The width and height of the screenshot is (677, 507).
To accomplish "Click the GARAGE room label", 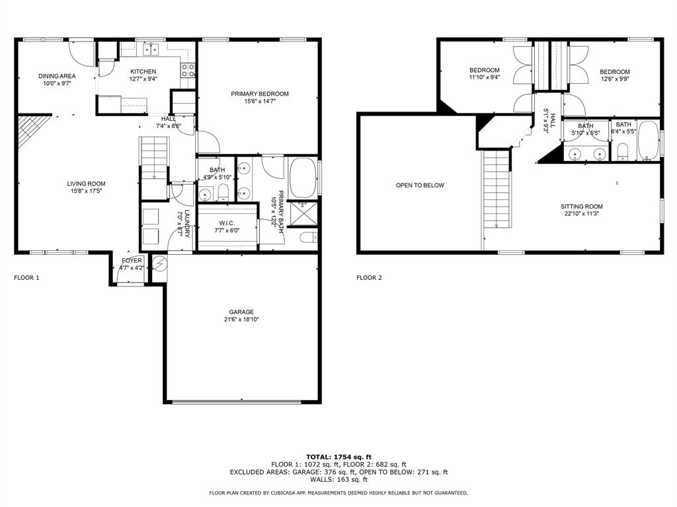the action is point(241,312).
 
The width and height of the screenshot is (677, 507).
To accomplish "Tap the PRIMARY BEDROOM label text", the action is point(259,94).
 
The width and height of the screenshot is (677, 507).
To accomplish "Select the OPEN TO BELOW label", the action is point(420,185).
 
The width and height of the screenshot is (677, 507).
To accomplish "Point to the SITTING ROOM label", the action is point(582,206).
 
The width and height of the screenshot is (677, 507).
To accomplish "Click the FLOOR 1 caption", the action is point(26,278).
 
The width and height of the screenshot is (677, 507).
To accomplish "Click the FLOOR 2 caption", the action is point(369,278).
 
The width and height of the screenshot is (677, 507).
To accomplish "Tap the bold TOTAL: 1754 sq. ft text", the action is point(338,457).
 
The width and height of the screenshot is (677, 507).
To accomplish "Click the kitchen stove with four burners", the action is point(187,70).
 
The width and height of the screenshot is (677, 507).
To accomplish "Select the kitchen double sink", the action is point(151,50).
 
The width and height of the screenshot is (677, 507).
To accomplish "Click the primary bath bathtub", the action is point(303,178).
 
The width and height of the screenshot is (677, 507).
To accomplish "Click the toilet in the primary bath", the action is point(309,237).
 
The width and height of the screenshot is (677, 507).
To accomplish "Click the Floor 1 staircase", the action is point(154,158).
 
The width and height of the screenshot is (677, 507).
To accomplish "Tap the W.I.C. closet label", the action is point(227,223).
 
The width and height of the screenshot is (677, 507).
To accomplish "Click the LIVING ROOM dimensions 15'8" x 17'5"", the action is point(87,191).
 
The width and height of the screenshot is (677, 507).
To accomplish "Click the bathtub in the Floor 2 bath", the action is point(648,141).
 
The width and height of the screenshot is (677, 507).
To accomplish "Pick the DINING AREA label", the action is point(57,76).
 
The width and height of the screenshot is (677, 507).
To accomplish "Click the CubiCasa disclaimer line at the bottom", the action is point(338,492).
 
